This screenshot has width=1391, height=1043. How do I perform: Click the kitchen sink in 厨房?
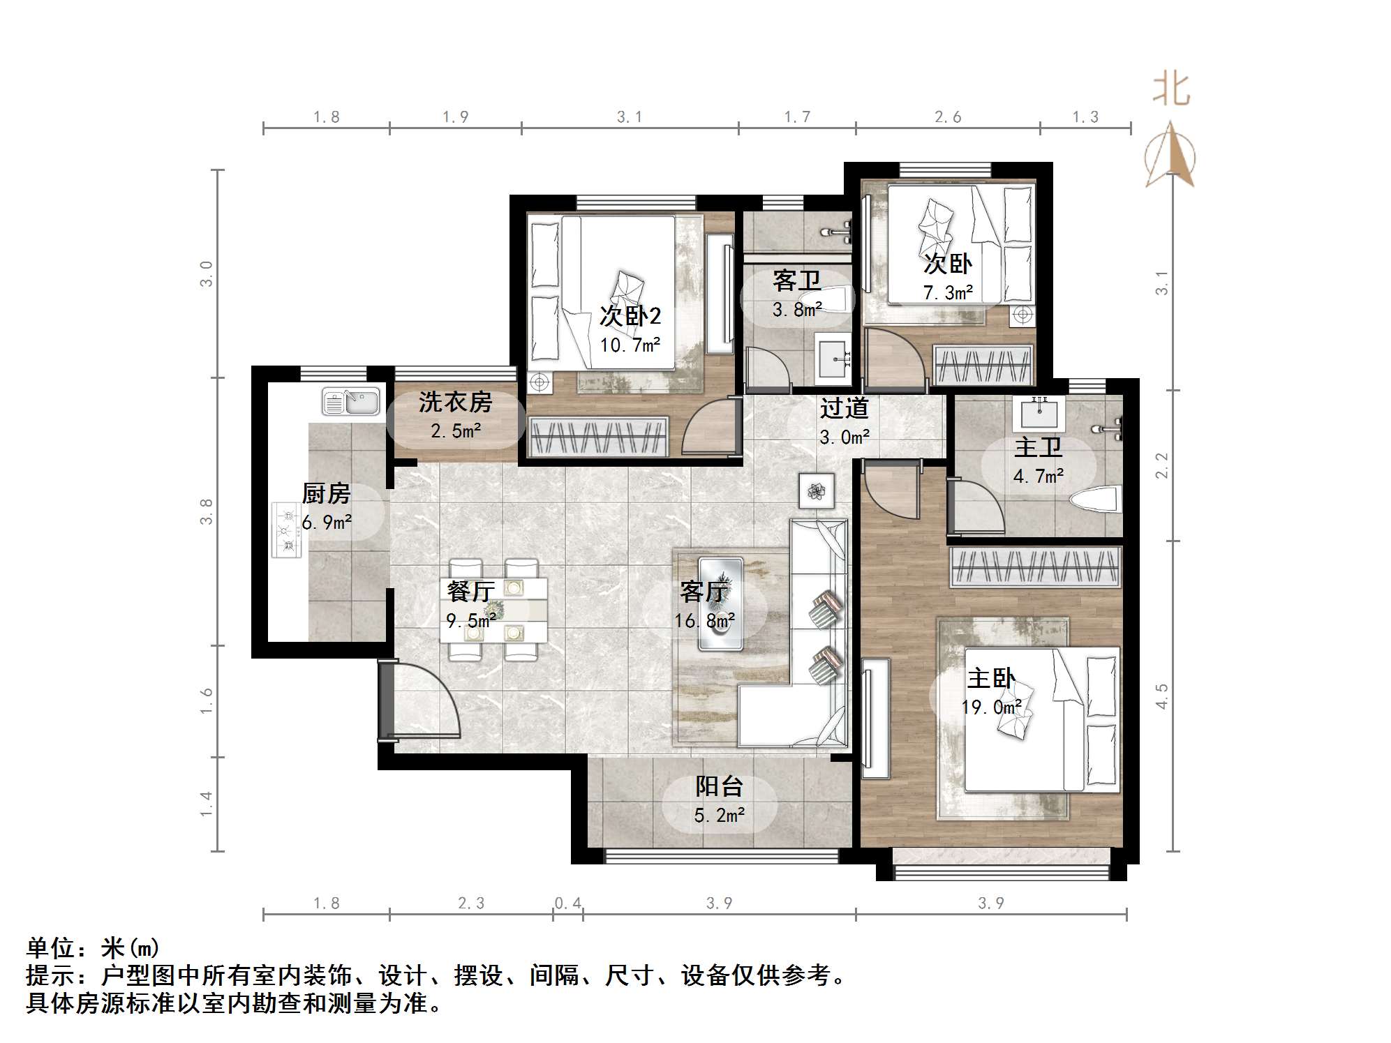click(x=351, y=403)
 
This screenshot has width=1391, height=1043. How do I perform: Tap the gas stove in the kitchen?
click(x=287, y=530)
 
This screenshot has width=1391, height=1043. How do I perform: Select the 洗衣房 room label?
click(x=455, y=403)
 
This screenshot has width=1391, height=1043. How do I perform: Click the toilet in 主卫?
click(x=1095, y=502)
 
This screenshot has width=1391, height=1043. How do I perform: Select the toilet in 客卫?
click(x=838, y=300)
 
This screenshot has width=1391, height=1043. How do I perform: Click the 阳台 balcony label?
click(x=719, y=787)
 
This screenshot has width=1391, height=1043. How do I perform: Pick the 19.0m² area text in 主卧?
click(x=991, y=707)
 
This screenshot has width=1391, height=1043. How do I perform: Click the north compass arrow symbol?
click(x=1170, y=155)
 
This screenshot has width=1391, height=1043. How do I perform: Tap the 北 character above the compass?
click(x=1170, y=91)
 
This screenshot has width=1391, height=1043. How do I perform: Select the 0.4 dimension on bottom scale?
click(x=567, y=903)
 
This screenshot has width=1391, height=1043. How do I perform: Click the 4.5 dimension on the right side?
click(x=1161, y=696)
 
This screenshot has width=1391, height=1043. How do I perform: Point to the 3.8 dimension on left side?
click(x=206, y=511)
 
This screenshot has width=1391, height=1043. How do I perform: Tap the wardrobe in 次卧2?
click(x=597, y=437)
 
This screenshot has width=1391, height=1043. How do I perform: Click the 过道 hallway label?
click(x=844, y=408)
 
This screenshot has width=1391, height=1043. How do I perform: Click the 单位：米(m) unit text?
click(x=93, y=948)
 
